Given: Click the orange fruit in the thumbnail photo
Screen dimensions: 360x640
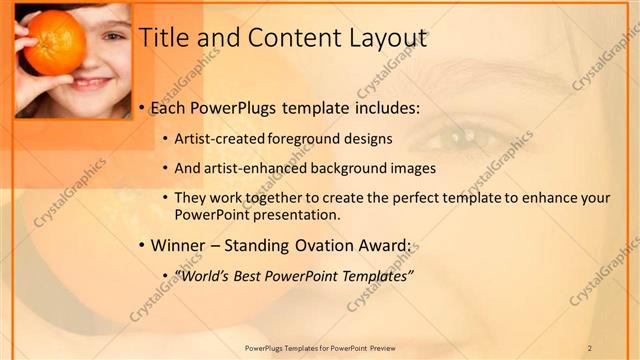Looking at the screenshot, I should [x=54, y=43].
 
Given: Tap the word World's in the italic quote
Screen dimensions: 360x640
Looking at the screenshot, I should [x=203, y=275].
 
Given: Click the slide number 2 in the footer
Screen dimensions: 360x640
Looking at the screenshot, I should [x=590, y=348].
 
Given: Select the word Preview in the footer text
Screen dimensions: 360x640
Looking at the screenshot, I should [x=388, y=348].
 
